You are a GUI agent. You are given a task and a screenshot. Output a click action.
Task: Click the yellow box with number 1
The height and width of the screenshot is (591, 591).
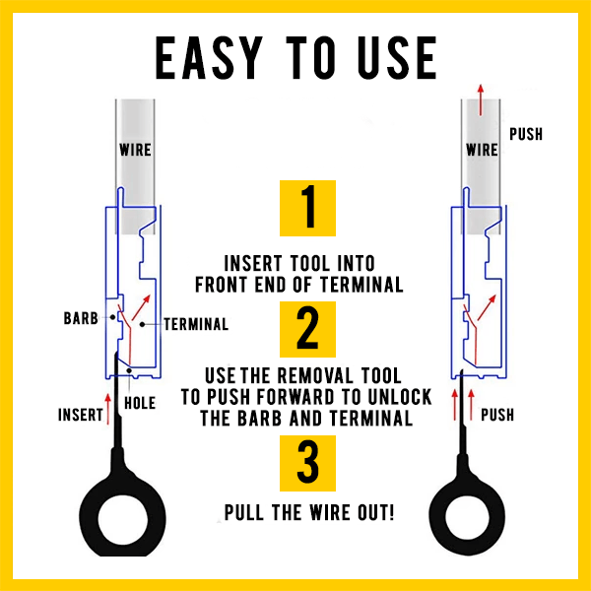[x=307, y=208]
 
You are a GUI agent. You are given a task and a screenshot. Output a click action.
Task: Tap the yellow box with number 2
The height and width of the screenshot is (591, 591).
[x=307, y=329]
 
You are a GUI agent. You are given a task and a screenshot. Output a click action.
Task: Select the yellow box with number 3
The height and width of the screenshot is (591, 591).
[x=307, y=463]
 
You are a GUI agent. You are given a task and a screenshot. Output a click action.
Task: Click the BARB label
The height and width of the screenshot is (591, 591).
[x=81, y=318]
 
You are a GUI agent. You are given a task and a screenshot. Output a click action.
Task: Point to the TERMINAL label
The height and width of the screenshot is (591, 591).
[x=196, y=324]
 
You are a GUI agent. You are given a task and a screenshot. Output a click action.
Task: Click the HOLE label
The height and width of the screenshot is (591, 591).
[x=140, y=403]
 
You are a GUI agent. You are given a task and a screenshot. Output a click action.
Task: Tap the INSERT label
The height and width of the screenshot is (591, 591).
[x=81, y=415]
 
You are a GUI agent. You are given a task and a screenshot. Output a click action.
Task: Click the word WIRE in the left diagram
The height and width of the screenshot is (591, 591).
[x=135, y=150]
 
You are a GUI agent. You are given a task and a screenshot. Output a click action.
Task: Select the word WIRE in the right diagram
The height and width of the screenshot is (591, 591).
[x=482, y=150]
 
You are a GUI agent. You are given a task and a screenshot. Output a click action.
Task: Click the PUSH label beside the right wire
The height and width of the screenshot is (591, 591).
[x=526, y=134]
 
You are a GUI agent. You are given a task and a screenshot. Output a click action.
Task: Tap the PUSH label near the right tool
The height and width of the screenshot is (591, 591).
[x=497, y=415]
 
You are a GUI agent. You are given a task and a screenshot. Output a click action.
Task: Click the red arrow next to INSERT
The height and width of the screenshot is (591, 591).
[x=108, y=409]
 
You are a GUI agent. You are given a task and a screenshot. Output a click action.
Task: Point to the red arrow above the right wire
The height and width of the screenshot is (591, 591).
[x=481, y=99]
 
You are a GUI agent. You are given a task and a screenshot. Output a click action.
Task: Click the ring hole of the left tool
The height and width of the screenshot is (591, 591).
[x=123, y=518]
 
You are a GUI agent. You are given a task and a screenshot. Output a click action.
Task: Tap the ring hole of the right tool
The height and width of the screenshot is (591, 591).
[x=467, y=516]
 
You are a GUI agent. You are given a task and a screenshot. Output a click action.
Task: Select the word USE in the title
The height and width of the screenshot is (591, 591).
[x=397, y=58]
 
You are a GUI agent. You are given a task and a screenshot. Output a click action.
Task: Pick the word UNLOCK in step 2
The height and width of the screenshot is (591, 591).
[x=399, y=397]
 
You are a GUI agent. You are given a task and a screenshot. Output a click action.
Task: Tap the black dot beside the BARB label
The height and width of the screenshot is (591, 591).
[x=112, y=317]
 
